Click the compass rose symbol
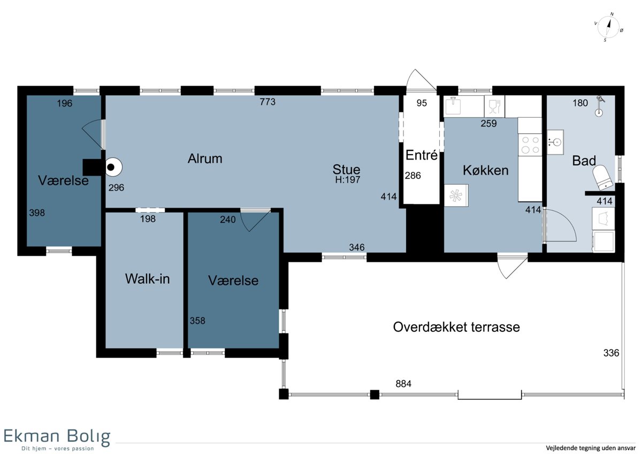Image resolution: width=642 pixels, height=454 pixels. (x=608, y=27)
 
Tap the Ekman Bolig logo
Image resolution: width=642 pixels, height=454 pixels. (x=57, y=440)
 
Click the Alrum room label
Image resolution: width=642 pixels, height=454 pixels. (x=205, y=158)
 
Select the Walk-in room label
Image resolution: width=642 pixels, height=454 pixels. (x=147, y=279)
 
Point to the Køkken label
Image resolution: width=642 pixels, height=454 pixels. (x=486, y=170)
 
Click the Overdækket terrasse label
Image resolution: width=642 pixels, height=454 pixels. (x=456, y=327)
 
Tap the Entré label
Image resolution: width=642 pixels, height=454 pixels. (x=422, y=155)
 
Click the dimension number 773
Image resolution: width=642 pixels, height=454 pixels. (x=267, y=102)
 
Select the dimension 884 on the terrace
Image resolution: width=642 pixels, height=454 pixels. (x=403, y=384)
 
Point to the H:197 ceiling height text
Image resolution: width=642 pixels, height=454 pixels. (x=348, y=180)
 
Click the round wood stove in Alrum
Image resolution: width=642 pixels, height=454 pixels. (x=113, y=167)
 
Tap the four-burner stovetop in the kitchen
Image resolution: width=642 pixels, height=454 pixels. (x=530, y=145)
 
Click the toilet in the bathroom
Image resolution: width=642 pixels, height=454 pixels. (x=603, y=177)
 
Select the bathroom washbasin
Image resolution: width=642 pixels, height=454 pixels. (x=555, y=142)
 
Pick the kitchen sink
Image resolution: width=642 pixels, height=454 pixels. (x=453, y=105)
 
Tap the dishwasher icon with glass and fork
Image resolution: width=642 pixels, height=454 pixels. (x=494, y=106)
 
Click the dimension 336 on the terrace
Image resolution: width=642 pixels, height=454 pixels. (x=611, y=353)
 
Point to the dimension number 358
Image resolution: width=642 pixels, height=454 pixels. (x=197, y=321)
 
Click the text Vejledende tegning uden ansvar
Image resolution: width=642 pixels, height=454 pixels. (x=591, y=448)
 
